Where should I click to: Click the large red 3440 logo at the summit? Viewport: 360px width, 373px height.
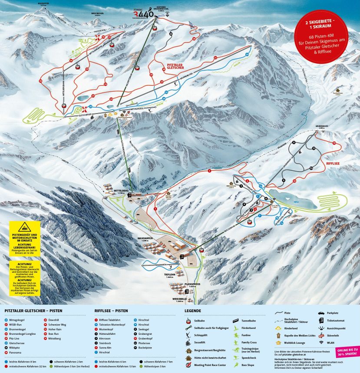click(x=143, y=14)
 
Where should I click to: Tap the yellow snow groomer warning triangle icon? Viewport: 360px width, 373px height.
click(x=25, y=229)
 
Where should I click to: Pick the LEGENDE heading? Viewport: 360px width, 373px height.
click(x=193, y=311)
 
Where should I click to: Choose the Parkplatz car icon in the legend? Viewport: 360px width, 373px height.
click(x=321, y=312)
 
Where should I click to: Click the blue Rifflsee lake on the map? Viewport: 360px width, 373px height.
click(x=287, y=197)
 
